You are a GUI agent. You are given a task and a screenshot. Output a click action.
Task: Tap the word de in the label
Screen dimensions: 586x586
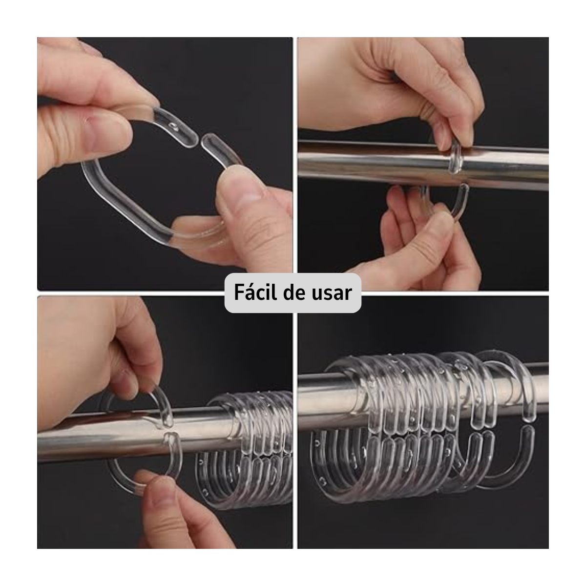297,293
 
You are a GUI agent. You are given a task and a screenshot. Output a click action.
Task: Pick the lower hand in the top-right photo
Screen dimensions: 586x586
420,234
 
